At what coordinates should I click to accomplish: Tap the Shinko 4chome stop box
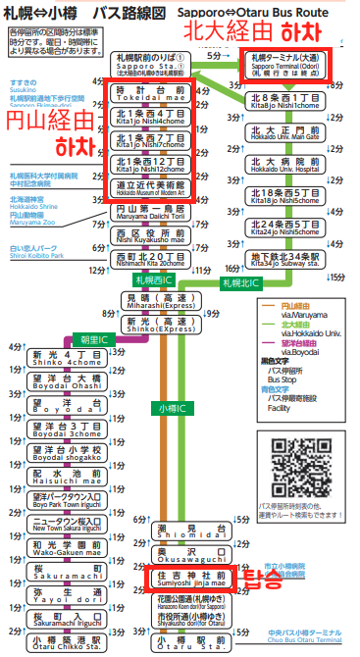pos(65,358)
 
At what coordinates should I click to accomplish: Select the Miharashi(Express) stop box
pos(157,299)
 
